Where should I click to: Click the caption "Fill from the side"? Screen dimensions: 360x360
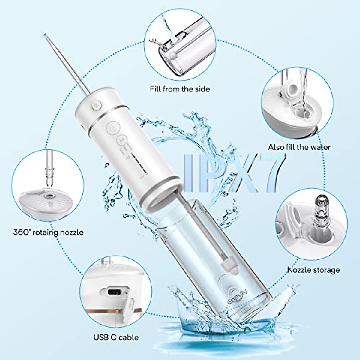tap(180, 89)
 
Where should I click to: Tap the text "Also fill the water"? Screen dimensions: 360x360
tap(299, 147)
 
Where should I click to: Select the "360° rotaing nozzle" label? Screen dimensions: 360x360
tap(48, 232)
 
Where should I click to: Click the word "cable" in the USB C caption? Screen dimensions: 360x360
tap(129, 337)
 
